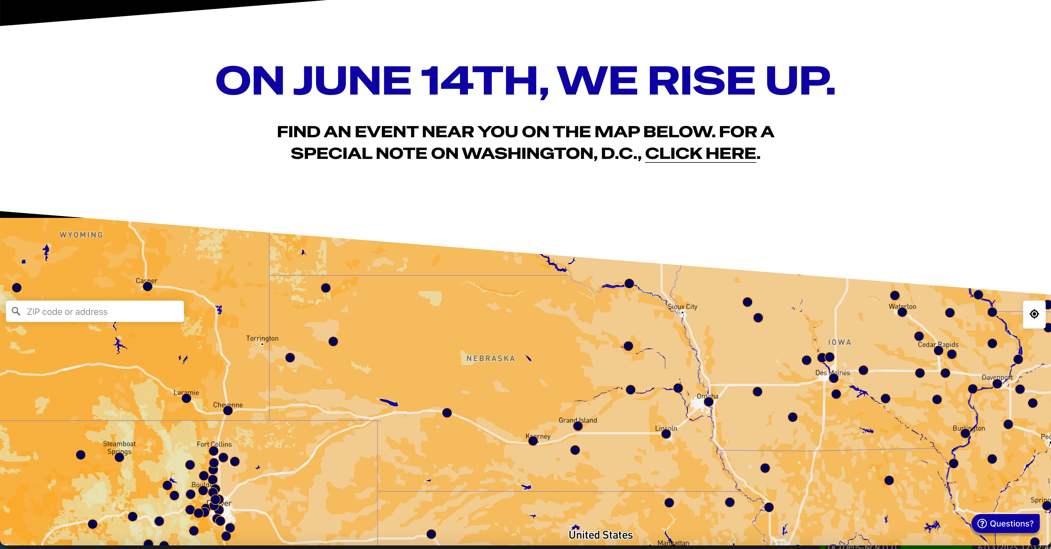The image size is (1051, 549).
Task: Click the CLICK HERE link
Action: click(x=701, y=154)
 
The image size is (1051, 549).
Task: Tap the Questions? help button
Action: click(x=1006, y=523)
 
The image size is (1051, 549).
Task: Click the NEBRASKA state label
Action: click(x=490, y=359)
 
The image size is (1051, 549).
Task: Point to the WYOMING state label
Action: click(x=81, y=235)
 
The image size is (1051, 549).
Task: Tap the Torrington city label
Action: click(x=262, y=338)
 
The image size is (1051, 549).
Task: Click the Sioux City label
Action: click(x=682, y=307)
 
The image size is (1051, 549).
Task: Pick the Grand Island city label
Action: click(x=578, y=420)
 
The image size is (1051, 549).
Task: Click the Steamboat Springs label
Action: click(x=119, y=448)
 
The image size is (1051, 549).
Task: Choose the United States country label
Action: click(x=601, y=535)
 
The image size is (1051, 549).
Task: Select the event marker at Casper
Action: click(x=148, y=287)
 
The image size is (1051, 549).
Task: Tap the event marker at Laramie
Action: click(x=186, y=398)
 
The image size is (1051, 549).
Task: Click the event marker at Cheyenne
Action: click(x=228, y=411)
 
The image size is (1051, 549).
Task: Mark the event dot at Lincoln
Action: click(x=666, y=434)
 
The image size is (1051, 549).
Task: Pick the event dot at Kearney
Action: click(x=533, y=441)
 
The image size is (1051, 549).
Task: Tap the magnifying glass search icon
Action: click(x=16, y=311)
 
